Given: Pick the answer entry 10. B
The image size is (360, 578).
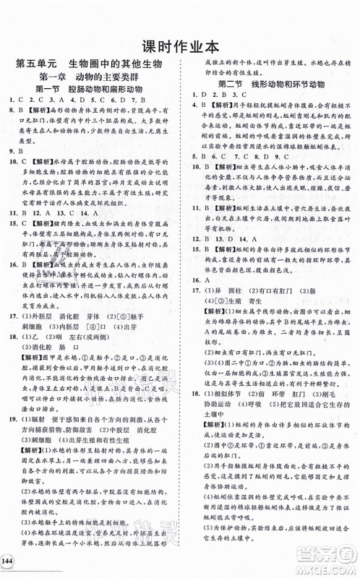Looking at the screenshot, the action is coord(201,168).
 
